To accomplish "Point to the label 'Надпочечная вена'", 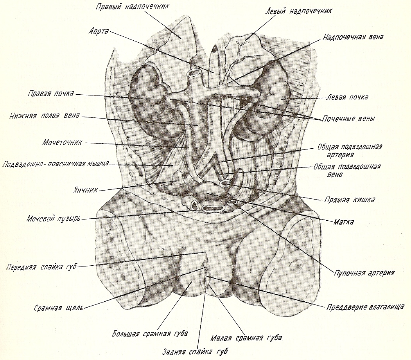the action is point(353,37).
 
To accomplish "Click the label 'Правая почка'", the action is point(50,94).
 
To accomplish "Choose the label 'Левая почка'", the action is point(347,97).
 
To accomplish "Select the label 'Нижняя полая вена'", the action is point(46,116).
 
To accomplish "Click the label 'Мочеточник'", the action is point(62,142).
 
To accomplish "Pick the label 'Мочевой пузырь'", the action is point(54,218).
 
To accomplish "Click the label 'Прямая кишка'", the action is point(350,199).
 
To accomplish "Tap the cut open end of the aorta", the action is point(193,73).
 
